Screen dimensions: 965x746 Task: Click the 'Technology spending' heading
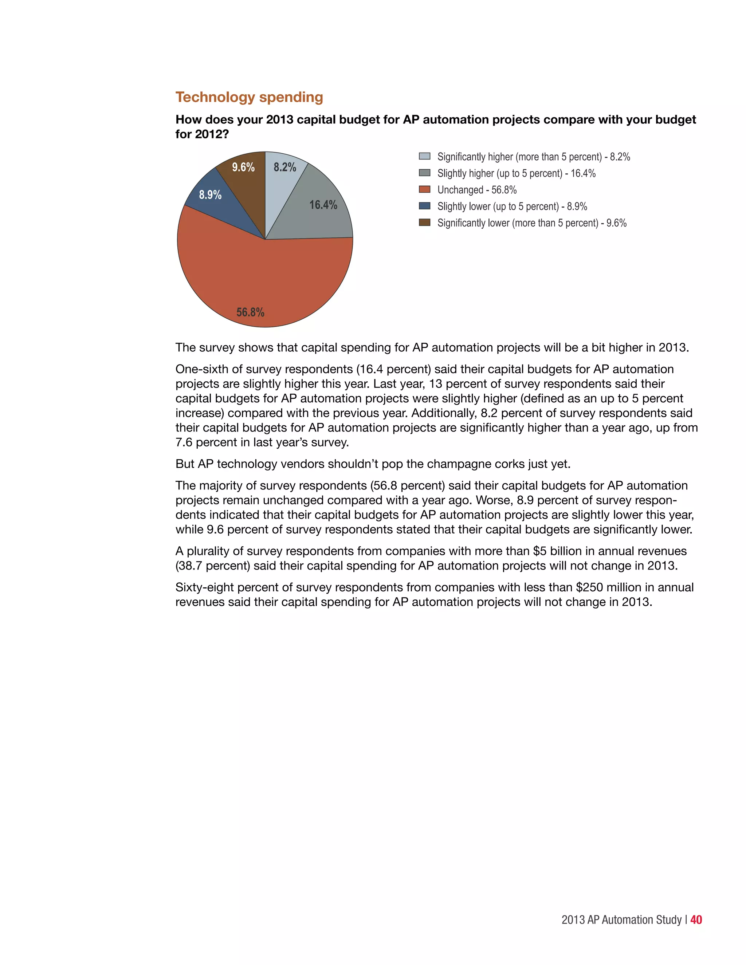(249, 97)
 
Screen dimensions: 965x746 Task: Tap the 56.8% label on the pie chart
(250, 312)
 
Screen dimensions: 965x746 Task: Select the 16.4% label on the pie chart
(323, 205)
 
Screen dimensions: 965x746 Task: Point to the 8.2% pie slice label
(284, 167)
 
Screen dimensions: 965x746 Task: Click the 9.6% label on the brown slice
(243, 167)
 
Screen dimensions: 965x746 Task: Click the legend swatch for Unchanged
(424, 190)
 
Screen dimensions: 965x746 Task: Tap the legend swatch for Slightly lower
(424, 206)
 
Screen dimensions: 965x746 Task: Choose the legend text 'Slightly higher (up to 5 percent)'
(499, 173)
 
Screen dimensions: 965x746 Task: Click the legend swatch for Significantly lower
(424, 222)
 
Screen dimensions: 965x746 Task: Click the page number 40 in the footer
(696, 919)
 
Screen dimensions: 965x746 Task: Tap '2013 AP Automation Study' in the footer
(621, 920)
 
